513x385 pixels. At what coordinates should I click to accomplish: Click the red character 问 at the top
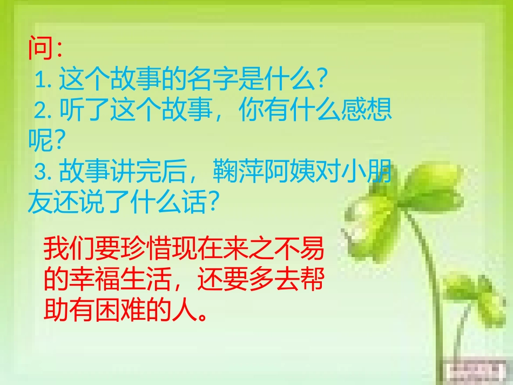(x=40, y=49)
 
